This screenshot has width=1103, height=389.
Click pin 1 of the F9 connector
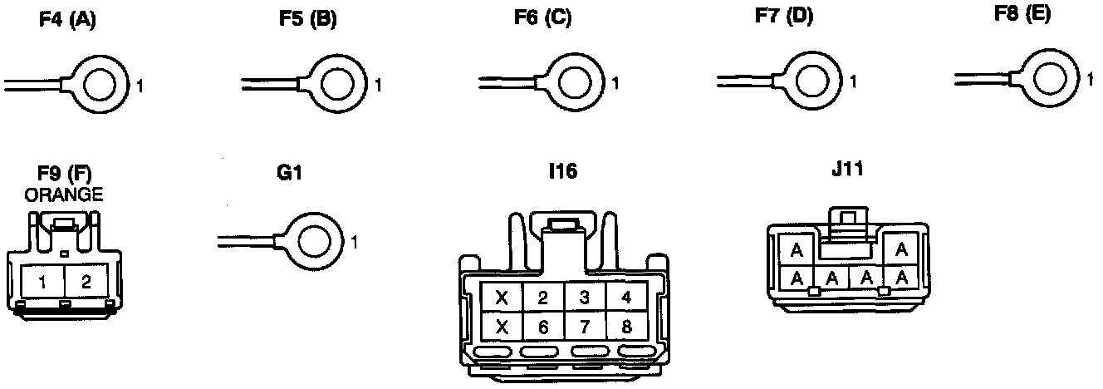point(43,281)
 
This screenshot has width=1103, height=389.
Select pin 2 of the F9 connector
point(86,281)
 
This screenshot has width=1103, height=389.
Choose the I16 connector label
point(562,173)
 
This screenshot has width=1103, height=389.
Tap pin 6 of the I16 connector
point(543,327)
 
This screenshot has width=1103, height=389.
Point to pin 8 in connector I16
point(626,327)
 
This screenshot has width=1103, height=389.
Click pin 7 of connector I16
point(585,327)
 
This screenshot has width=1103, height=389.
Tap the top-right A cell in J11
point(902,249)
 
